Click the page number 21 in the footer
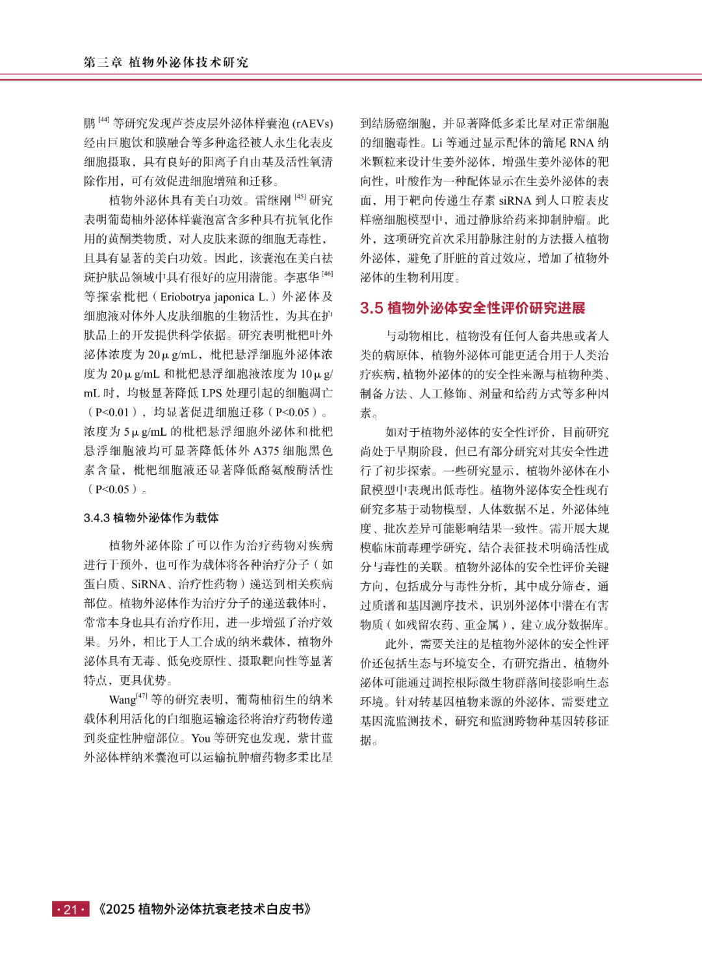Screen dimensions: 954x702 (70, 909)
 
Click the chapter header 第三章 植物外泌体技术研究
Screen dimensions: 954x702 (166, 62)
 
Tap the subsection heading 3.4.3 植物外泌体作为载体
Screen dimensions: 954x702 (151, 518)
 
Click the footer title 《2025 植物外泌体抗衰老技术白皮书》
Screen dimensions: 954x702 (205, 909)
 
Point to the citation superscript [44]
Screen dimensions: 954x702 (103, 120)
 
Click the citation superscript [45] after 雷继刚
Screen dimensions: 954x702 (300, 197)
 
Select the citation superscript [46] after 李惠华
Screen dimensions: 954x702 (327, 274)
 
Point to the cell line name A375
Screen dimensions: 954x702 (267, 451)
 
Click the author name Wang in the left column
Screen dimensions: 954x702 (122, 700)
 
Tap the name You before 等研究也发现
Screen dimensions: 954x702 (201, 739)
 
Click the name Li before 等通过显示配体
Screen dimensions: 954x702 (437, 143)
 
